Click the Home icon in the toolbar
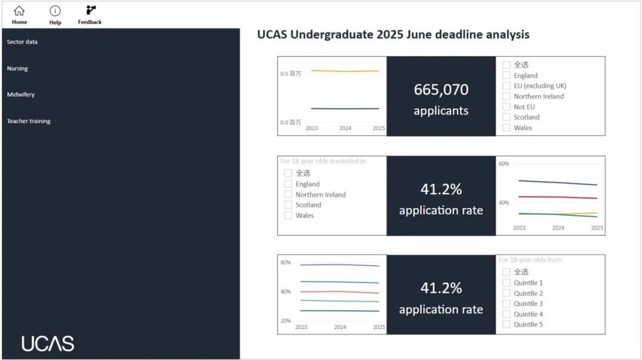click(x=19, y=11)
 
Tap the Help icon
click(x=55, y=11)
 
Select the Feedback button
click(x=90, y=11)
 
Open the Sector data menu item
click(x=23, y=42)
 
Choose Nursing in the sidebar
click(x=18, y=68)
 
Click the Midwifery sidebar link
click(x=21, y=94)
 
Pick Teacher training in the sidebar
click(x=29, y=121)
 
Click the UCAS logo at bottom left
click(x=48, y=343)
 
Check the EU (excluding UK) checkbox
click(x=506, y=86)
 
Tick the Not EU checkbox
click(x=506, y=106)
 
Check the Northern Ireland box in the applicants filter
click(x=506, y=96)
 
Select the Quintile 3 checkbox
click(x=506, y=304)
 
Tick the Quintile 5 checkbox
click(x=506, y=324)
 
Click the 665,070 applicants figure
click(x=441, y=90)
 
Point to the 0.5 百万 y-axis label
click(x=291, y=74)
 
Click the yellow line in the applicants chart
click(x=345, y=71)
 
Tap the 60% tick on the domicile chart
click(x=503, y=163)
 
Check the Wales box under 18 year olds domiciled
click(x=288, y=215)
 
